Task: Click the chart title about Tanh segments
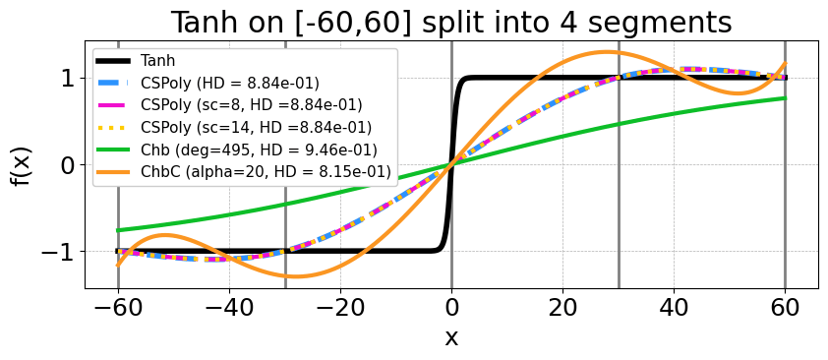click(x=452, y=23)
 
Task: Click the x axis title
click(x=451, y=337)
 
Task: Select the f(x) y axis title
click(x=20, y=164)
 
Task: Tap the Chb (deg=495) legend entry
click(x=237, y=150)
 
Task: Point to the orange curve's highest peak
click(x=607, y=52)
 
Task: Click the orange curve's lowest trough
click(x=297, y=276)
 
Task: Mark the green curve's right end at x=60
click(x=786, y=98)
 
